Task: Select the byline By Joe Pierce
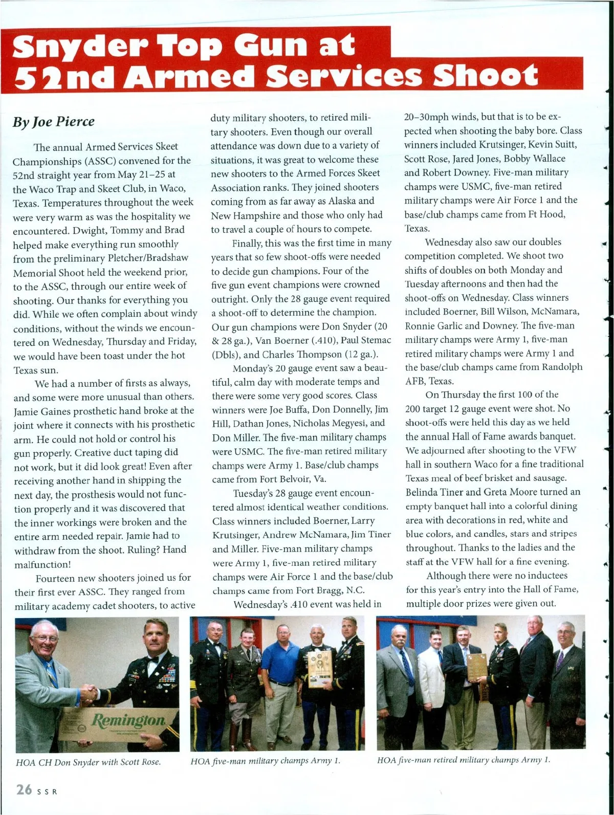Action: pyautogui.click(x=54, y=122)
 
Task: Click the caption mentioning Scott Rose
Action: pyautogui.click(x=89, y=762)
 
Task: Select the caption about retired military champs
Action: pyautogui.click(x=464, y=760)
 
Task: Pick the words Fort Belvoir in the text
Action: pyautogui.click(x=271, y=479)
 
